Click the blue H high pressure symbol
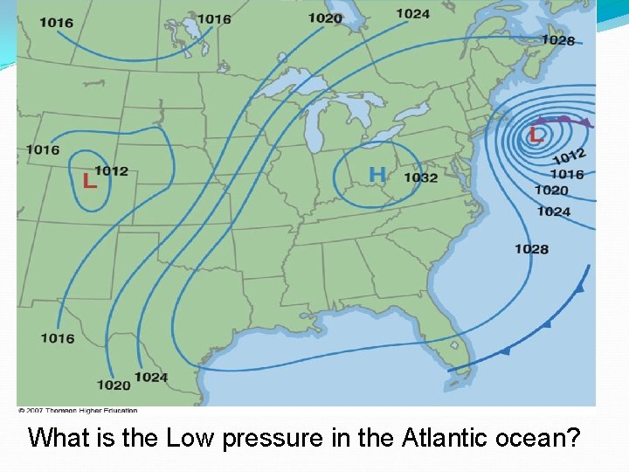(377, 175)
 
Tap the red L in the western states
(89, 181)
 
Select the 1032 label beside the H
(421, 177)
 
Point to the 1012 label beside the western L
(111, 170)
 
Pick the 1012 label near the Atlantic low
(569, 156)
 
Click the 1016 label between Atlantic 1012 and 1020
(566, 174)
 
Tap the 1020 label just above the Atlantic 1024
(551, 190)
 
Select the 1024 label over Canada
(412, 13)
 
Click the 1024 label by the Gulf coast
(151, 377)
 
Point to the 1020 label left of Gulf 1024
(114, 385)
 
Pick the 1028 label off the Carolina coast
(531, 249)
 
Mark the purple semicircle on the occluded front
(564, 119)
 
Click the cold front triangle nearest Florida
(505, 351)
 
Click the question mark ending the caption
(573, 436)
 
